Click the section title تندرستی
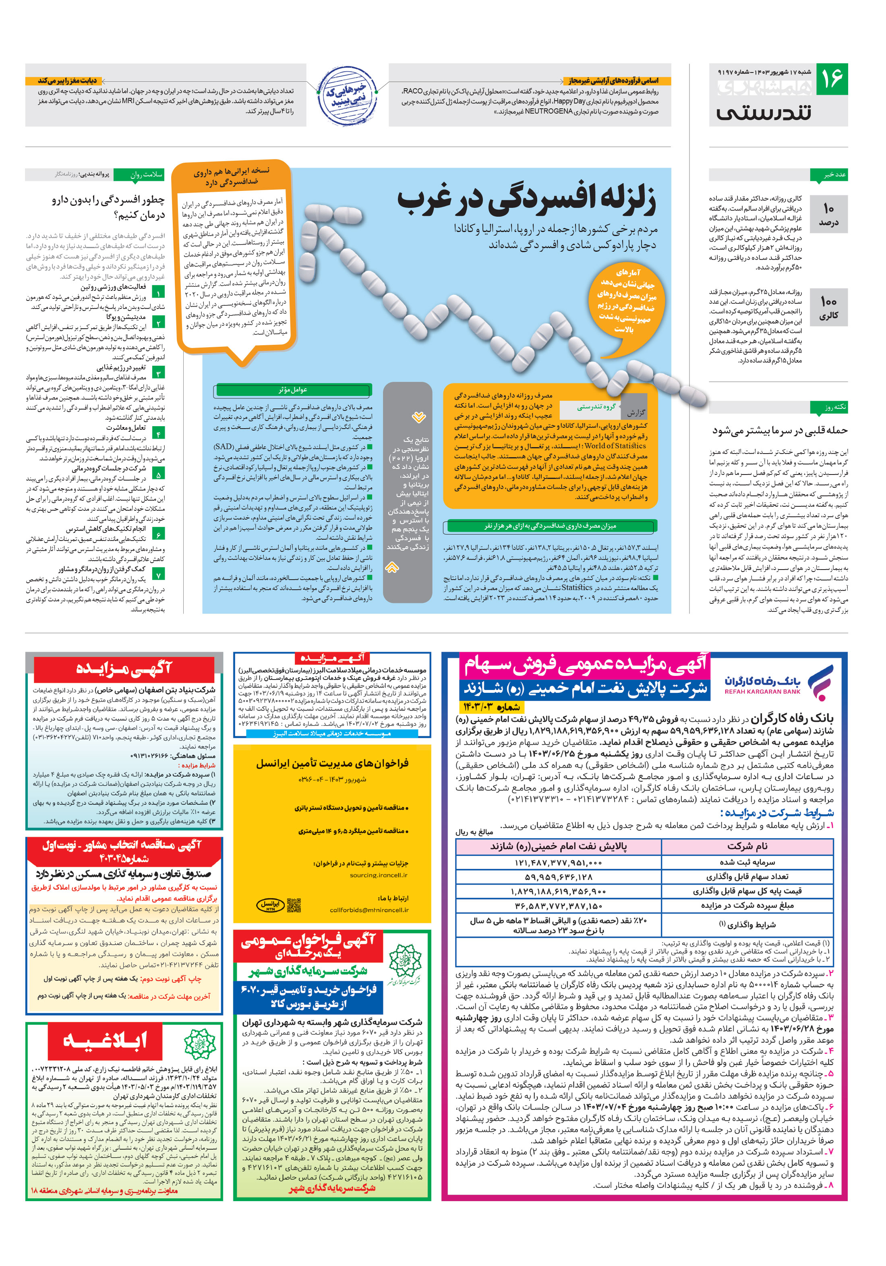763,112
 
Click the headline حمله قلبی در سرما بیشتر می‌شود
779,430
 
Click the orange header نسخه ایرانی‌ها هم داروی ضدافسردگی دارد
231,176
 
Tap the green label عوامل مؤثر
293,390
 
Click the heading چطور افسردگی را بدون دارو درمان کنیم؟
108,207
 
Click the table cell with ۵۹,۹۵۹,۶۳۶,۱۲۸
558,876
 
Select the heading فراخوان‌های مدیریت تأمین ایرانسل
332,763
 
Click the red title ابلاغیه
105,1040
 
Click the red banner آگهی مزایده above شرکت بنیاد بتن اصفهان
124,668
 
